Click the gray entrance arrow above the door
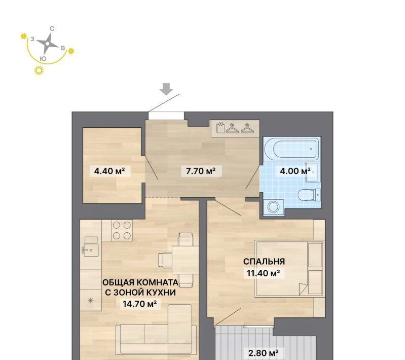[x=166, y=89]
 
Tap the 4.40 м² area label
[x=109, y=171]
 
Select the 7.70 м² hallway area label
[x=201, y=171]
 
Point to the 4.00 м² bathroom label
[x=295, y=171]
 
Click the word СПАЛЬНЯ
[x=264, y=262]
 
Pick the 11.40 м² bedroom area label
[x=264, y=273]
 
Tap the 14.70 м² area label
[x=139, y=304]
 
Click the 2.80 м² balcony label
[x=263, y=353]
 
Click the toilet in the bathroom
[x=309, y=194]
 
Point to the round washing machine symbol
[x=274, y=207]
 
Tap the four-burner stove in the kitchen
[x=122, y=230]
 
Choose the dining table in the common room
[x=185, y=260]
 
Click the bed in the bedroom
[x=289, y=269]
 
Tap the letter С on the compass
[x=52, y=29]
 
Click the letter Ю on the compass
[x=44, y=59]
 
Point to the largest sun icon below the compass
[x=39, y=70]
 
